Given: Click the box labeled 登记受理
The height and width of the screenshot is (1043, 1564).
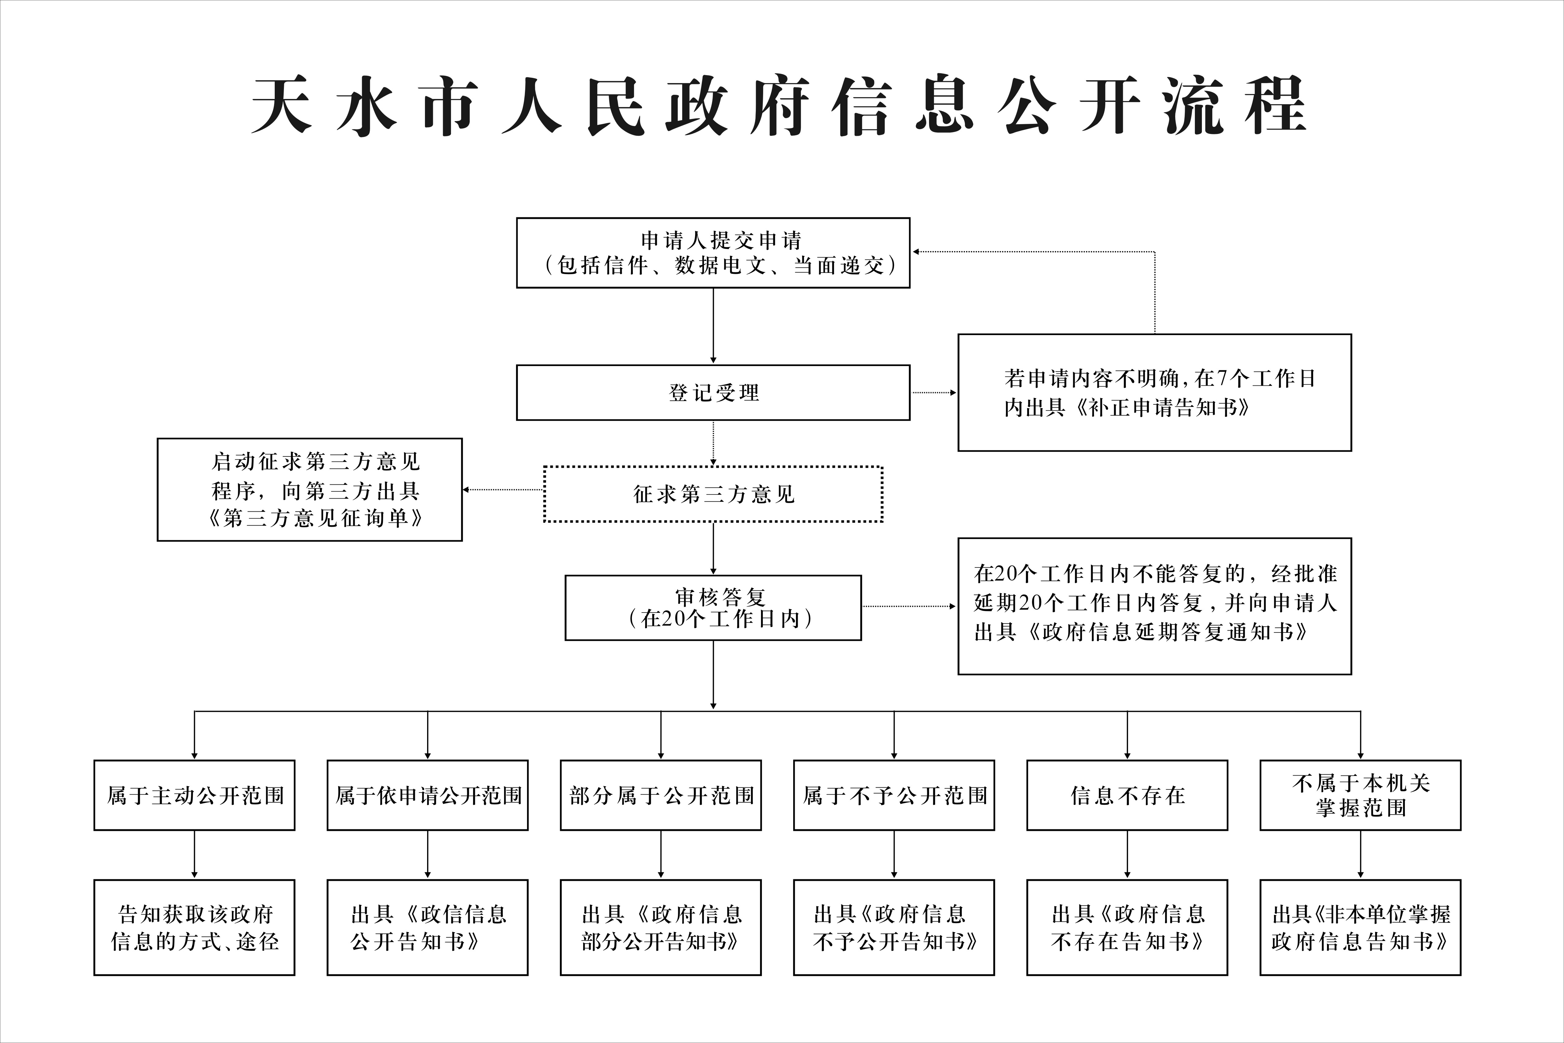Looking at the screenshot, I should coord(713,392).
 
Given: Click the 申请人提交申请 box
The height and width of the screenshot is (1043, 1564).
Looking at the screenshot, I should coord(713,253).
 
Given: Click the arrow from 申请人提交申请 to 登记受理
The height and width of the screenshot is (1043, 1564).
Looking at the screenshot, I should coord(713,326).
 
